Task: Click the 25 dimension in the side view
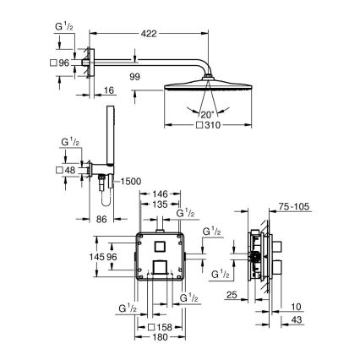232,296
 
